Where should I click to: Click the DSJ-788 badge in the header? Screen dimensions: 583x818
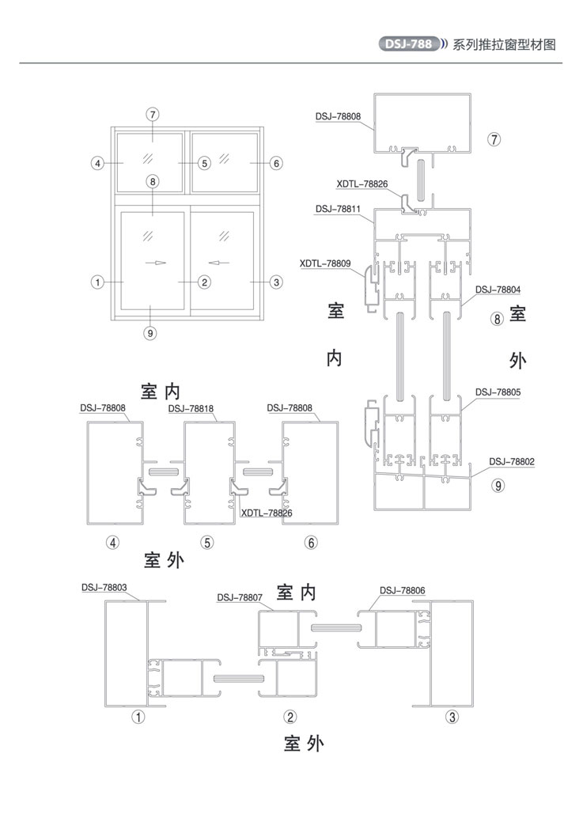409,44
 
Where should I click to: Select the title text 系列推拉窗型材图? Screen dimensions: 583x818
504,44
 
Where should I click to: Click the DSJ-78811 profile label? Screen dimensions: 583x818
338,209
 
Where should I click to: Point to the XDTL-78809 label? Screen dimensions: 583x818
325,263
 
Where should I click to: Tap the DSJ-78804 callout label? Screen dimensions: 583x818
498,289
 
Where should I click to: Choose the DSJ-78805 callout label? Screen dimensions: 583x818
498,392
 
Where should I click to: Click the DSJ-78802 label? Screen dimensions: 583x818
512,461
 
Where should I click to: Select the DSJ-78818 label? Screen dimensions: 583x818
191,408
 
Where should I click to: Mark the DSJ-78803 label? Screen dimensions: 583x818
104,587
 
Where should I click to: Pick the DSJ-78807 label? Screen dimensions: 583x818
240,596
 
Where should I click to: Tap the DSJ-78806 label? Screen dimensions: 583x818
402,590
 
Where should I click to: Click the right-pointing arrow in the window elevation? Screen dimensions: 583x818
155,263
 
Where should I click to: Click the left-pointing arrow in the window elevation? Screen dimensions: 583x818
219,263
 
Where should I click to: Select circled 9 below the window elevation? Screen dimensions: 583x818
150,333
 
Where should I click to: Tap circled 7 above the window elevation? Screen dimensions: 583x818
152,114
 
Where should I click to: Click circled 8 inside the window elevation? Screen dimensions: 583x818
152,181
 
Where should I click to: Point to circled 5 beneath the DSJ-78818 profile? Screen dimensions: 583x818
207,543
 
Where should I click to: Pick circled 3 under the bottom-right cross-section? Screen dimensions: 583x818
452,717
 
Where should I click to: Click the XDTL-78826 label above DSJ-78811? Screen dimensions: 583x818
362,184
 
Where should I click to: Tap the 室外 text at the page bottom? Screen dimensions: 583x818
304,744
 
